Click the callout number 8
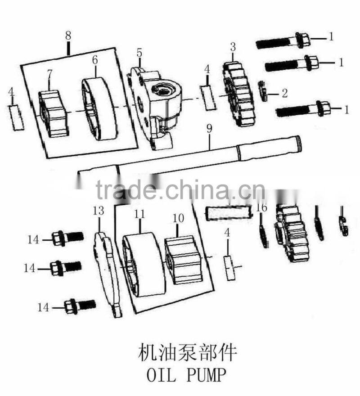click(x=68, y=35)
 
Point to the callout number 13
click(x=98, y=210)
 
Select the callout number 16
click(x=261, y=207)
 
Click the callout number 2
click(x=284, y=94)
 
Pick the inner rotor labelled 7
click(x=53, y=113)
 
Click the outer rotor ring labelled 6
click(x=99, y=110)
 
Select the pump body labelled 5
click(x=155, y=103)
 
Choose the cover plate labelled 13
click(x=108, y=272)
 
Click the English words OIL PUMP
click(x=184, y=374)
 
